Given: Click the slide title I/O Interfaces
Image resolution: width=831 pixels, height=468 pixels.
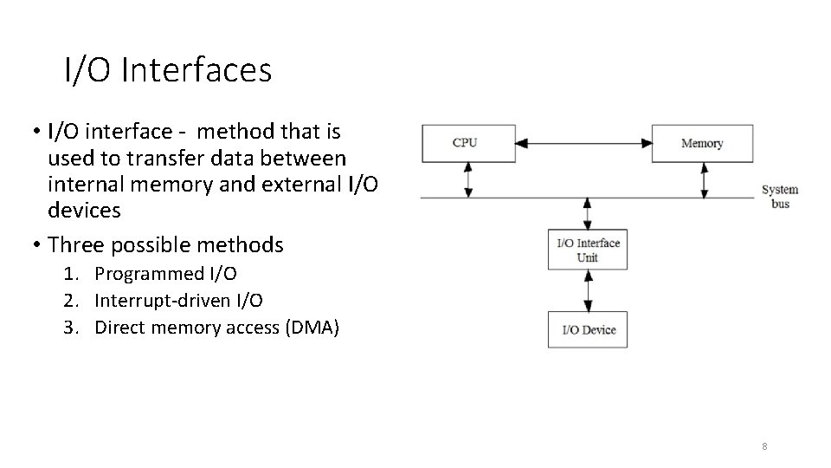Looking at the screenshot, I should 168,71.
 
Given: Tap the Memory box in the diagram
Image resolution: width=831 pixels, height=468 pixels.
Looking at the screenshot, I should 701,143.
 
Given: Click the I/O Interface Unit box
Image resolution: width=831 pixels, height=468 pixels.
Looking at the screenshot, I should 587,250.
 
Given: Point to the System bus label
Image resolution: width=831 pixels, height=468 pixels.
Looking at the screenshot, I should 779,197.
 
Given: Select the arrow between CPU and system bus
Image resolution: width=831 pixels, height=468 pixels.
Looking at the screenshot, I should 468,179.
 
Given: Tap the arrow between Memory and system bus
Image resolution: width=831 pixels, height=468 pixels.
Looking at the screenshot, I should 705,179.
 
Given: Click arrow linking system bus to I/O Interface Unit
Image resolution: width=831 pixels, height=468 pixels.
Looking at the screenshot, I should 588,213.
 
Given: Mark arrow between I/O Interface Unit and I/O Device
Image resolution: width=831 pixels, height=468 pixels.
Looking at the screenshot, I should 588,290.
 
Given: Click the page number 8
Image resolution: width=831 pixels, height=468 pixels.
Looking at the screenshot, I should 764,446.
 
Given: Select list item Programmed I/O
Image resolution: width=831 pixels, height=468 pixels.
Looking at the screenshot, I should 165,274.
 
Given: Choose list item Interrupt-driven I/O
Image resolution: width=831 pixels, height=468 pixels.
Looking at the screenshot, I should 178,301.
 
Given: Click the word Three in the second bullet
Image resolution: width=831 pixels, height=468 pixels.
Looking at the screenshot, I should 75,245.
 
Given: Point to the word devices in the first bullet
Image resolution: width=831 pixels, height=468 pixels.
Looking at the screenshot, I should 85,210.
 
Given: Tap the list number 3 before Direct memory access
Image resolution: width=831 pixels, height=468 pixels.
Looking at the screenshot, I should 68,327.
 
